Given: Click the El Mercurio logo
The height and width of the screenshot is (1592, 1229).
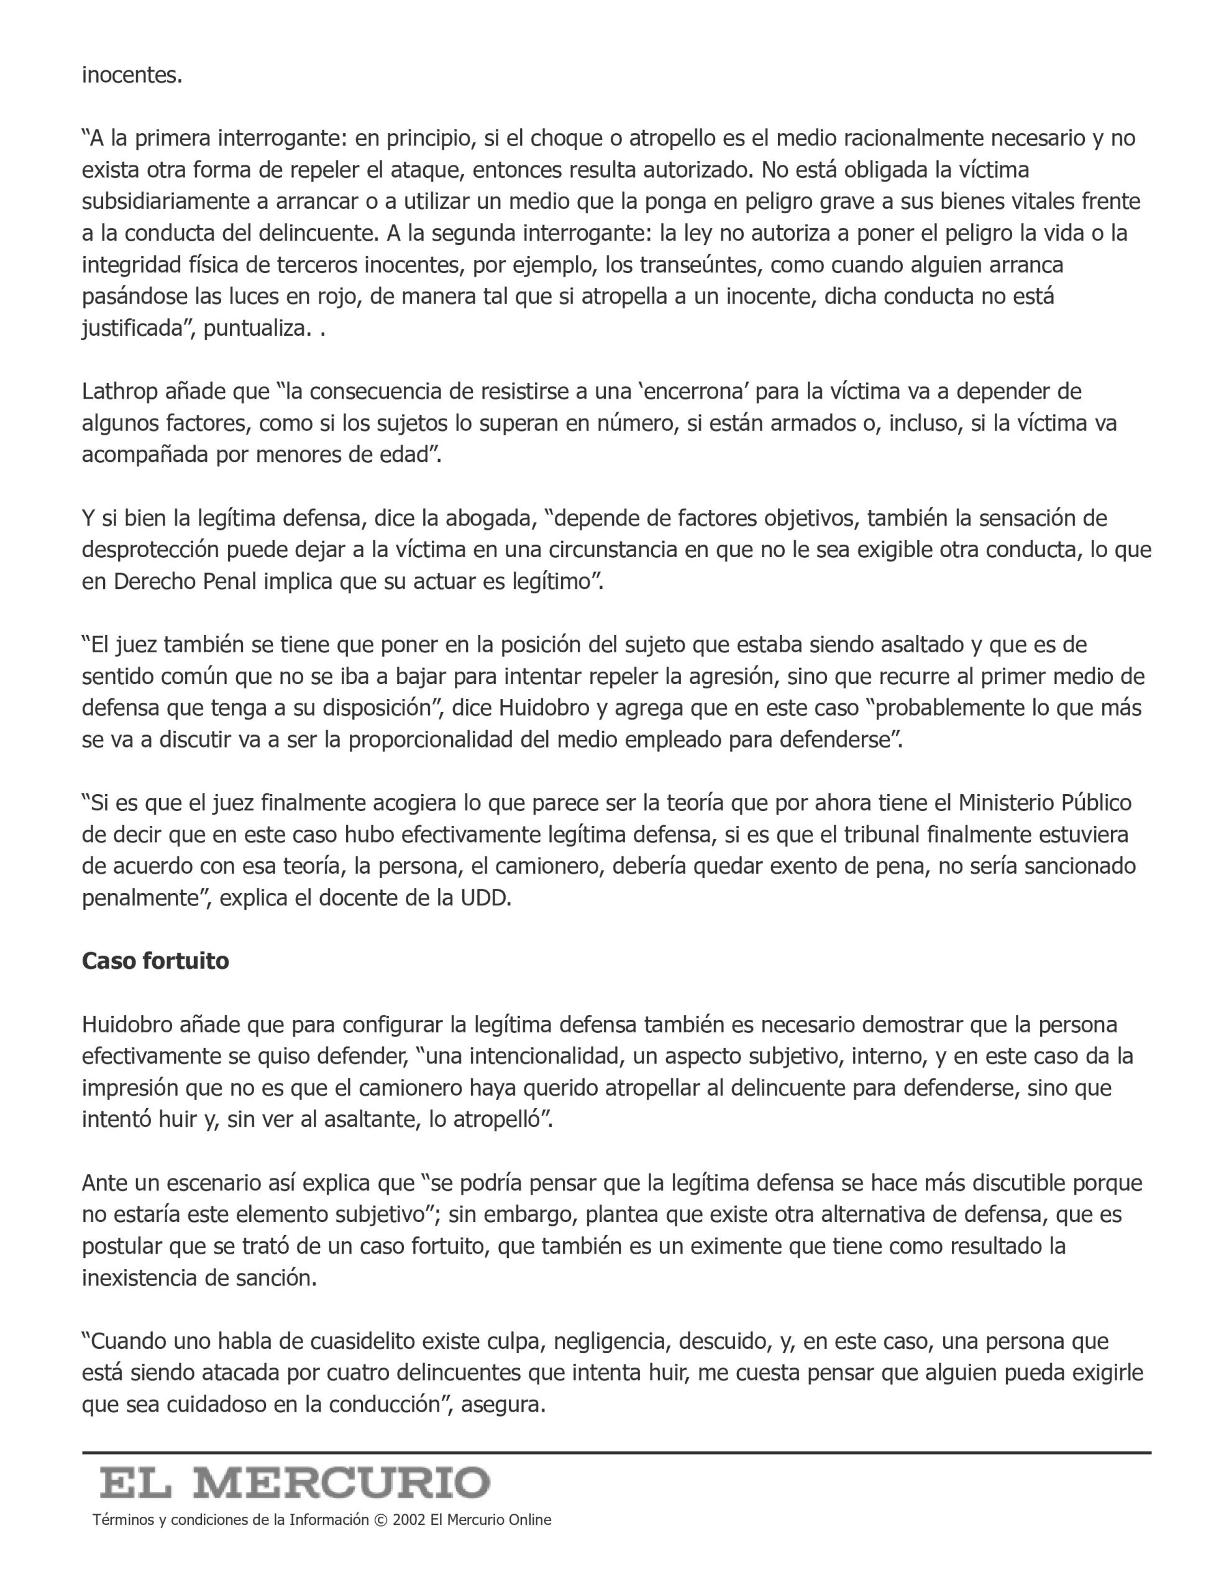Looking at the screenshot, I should coord(295,1483).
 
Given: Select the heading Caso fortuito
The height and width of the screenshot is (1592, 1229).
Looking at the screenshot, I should coord(155,961).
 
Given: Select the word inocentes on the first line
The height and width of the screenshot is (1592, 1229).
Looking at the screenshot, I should coord(130,75).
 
